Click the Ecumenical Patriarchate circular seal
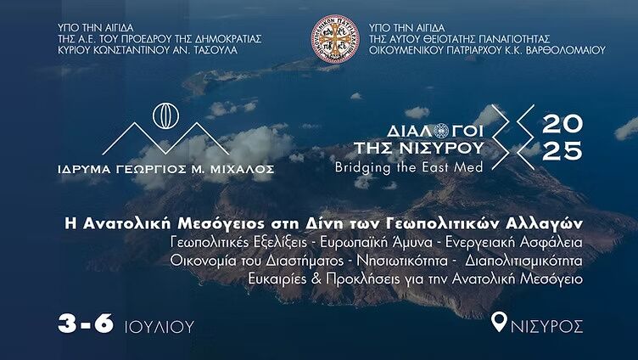pos(335,39)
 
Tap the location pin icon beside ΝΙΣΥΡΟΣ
pos(499,322)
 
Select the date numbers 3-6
pos(86,323)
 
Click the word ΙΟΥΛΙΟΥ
pos(159,327)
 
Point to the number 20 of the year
pos(562,124)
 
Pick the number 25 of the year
pos(562,150)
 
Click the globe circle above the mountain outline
pos(165,116)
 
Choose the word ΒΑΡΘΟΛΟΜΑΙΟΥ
pos(566,50)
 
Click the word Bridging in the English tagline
pos(363,168)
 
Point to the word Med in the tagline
pos(471,167)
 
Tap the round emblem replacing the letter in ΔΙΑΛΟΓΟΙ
pos(440,131)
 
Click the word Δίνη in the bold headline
pos(317,224)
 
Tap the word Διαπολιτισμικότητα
pos(524,261)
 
